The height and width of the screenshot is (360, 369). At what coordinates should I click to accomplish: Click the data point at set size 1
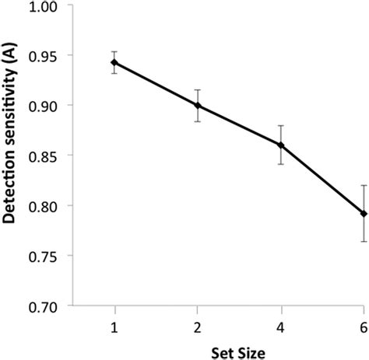pos(114,62)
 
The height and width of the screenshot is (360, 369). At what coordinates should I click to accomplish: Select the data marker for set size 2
pos(198,105)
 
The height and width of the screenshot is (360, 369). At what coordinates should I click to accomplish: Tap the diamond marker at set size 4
pos(280,145)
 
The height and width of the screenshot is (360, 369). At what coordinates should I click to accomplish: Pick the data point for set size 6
pos(363,213)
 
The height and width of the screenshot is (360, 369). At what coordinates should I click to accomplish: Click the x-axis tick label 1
pos(114,323)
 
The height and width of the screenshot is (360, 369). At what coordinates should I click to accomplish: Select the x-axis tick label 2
pos(198,323)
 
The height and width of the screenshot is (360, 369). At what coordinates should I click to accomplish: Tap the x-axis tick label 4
pos(280,323)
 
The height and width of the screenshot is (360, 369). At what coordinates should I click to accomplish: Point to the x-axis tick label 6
pos(363,323)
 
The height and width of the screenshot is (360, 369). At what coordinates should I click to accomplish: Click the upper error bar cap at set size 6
pos(363,185)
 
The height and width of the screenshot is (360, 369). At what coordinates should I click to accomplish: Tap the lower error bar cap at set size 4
pos(280,164)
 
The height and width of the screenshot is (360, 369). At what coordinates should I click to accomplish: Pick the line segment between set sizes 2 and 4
pos(239,124)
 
